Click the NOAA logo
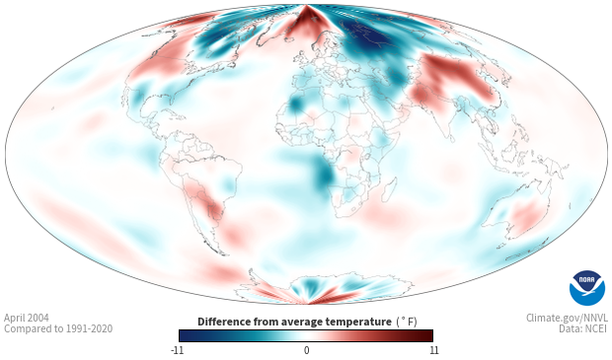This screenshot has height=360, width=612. (x=587, y=288)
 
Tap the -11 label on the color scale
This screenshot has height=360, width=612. (x=177, y=350)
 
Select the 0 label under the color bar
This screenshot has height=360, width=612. (x=306, y=350)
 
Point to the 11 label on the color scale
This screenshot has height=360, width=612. (x=433, y=350)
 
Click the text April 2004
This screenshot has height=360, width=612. (x=27, y=318)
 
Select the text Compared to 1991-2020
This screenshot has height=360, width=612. (x=58, y=328)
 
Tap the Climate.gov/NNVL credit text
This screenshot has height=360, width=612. (x=568, y=318)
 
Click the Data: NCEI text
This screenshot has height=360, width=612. (x=583, y=328)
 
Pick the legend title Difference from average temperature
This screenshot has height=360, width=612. (x=294, y=322)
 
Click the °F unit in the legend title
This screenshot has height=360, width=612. (x=407, y=322)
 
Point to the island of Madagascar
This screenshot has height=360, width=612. (x=390, y=189)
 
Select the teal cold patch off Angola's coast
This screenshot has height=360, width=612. (x=324, y=175)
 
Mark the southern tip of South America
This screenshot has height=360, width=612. (x=224, y=254)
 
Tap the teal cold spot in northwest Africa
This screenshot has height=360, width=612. (x=296, y=105)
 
